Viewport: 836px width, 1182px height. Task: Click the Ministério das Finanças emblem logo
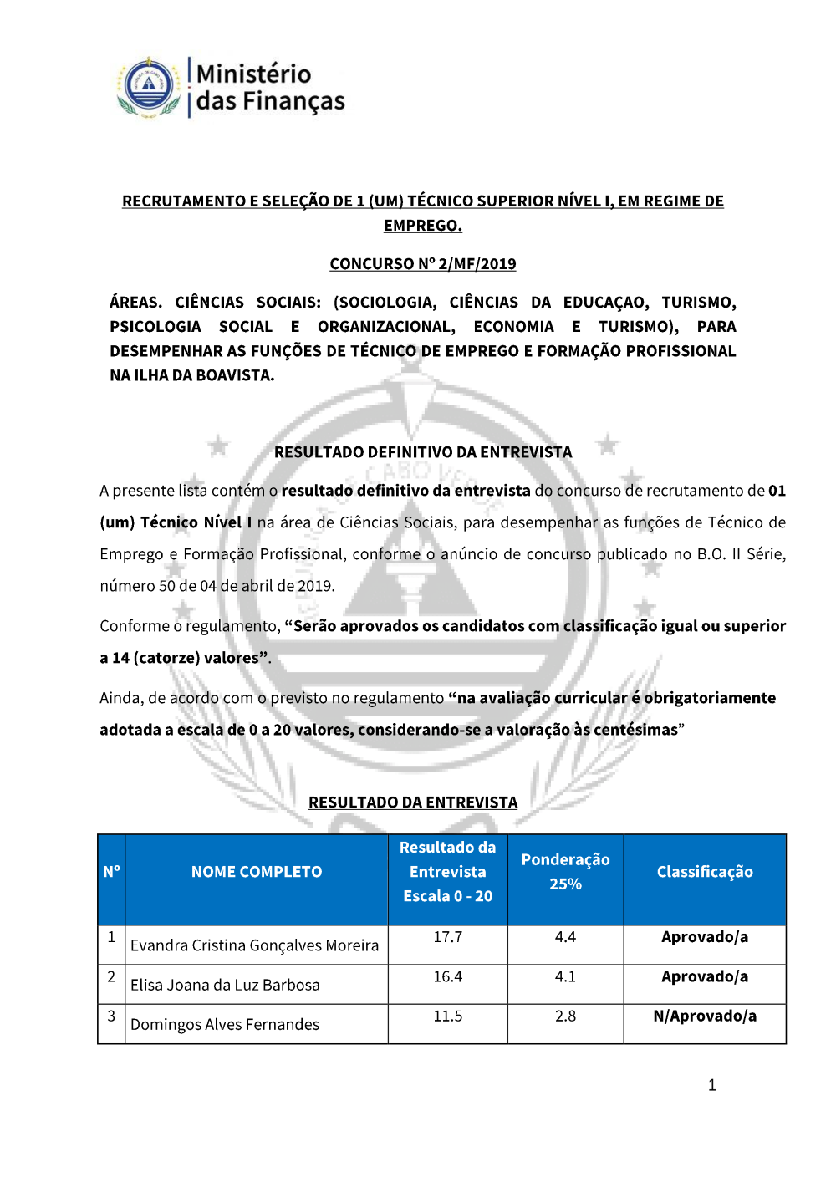click(x=149, y=87)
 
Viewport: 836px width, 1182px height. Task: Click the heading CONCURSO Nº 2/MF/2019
click(x=422, y=264)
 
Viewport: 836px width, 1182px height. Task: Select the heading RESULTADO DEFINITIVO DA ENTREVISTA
click(x=423, y=452)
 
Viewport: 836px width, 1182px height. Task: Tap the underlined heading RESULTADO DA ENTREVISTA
click(x=413, y=802)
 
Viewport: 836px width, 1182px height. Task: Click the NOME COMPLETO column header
click(x=256, y=872)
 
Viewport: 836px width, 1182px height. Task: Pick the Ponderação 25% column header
click(x=565, y=872)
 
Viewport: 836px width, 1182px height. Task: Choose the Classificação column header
click(x=705, y=872)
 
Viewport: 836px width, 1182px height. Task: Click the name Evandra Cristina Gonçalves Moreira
click(x=254, y=945)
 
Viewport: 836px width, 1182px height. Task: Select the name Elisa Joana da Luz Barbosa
click(x=225, y=985)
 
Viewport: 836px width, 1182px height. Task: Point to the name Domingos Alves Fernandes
click(x=225, y=1024)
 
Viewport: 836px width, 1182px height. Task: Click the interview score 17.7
click(x=447, y=937)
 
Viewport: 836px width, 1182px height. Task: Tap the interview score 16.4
click(x=447, y=976)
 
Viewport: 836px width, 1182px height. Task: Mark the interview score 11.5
click(x=447, y=1016)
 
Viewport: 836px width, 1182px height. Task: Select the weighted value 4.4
click(x=565, y=937)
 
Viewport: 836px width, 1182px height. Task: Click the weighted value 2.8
click(x=565, y=1016)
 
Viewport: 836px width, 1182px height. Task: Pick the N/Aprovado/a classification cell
click(x=705, y=1016)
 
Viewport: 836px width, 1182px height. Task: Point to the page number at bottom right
click(x=711, y=1085)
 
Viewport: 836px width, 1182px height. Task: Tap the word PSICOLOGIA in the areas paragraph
click(x=155, y=327)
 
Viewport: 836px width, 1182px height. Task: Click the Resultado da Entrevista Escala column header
click(x=447, y=872)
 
